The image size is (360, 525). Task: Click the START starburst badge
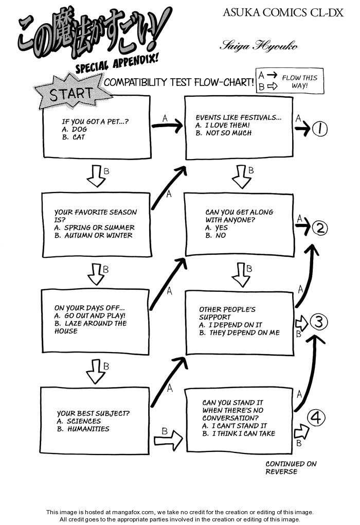coord(71,94)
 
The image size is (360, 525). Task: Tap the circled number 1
coord(319,130)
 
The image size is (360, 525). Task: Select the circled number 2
coord(320,227)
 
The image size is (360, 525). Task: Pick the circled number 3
coord(319,323)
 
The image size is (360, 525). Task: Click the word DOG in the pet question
coord(80,129)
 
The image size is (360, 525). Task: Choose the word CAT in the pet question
coord(79,137)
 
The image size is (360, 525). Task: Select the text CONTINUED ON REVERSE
coord(291,467)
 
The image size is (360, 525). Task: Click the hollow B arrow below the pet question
coord(96,177)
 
